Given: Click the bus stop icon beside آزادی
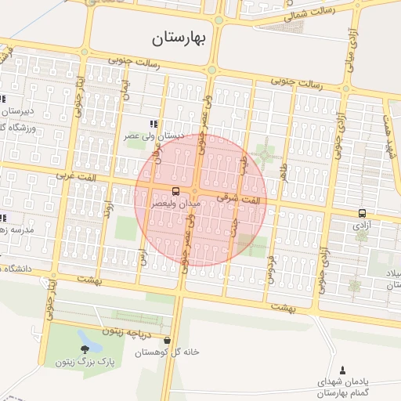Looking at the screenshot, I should [x=362, y=212].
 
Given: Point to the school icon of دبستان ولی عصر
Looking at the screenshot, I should [x=154, y=124].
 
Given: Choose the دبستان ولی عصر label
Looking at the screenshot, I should [x=157, y=135].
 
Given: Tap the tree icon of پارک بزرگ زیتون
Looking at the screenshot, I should [x=84, y=349].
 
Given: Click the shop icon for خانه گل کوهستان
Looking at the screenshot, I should [x=167, y=341].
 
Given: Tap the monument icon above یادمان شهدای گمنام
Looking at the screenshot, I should [x=342, y=370].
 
